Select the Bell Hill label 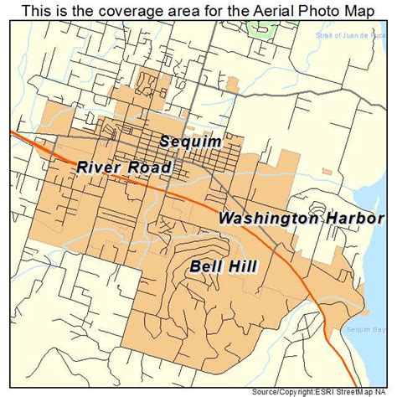tap(223, 266)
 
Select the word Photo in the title tap(304, 10)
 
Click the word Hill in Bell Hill tap(241, 266)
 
